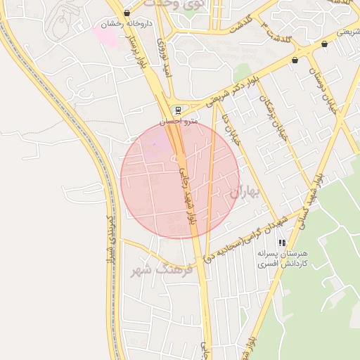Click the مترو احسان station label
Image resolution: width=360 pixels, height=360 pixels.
179,122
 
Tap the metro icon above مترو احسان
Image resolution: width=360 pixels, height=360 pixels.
178,110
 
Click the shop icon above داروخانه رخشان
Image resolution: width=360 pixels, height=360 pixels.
127,13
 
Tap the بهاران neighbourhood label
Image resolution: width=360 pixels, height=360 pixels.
245,191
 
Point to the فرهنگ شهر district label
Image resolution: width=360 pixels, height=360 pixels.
151,269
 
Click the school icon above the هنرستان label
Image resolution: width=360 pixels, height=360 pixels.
283,243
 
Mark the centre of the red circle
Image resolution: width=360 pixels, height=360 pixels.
180,180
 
